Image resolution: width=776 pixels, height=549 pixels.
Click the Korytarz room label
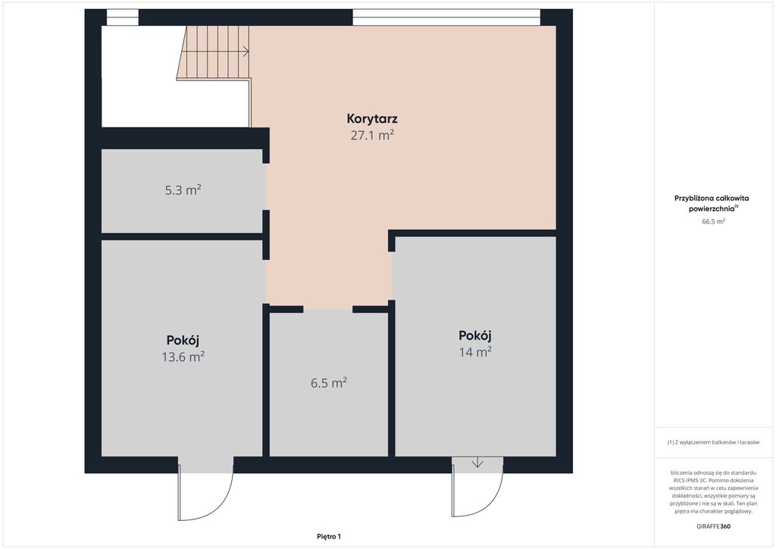[372, 119]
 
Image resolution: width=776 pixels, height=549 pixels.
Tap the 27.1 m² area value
[372, 135]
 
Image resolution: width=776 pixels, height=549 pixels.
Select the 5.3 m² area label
[183, 190]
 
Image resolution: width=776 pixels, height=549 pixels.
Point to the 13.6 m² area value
[183, 356]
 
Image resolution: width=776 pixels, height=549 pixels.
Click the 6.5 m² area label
[329, 383]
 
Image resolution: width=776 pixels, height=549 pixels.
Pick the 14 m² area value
[475, 352]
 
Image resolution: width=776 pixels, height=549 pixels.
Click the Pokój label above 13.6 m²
[183, 340]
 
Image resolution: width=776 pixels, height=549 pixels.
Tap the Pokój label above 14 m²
[475, 335]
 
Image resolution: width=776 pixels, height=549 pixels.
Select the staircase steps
[214, 52]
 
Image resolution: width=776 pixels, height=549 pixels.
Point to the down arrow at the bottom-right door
[477, 463]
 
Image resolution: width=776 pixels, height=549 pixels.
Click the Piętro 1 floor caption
[329, 537]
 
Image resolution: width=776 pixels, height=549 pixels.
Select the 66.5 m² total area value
[713, 221]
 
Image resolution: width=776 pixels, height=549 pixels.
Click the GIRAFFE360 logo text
[713, 526]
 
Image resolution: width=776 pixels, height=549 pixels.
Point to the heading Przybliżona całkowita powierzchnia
[712, 203]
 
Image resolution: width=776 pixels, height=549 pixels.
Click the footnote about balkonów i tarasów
[713, 442]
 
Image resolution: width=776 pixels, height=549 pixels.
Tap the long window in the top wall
[446, 17]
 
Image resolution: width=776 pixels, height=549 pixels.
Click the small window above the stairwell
[123, 17]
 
